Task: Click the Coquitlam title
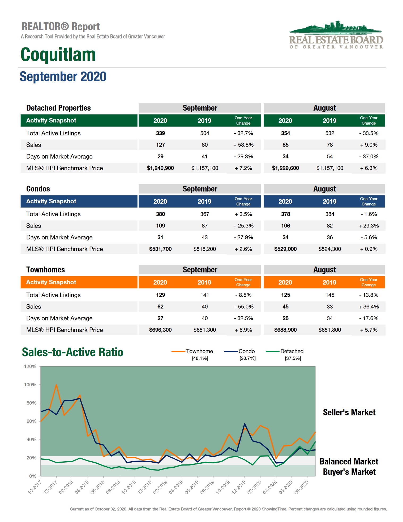pos(58,55)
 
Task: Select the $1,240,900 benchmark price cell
pos(160,168)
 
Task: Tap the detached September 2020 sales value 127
pos(160,145)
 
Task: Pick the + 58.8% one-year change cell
pos(243,145)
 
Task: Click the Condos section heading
pos(38,189)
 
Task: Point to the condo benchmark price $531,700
pos(160,249)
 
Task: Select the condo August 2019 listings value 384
pos(330,214)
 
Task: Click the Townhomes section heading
pos(45,270)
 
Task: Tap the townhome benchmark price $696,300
pos(160,330)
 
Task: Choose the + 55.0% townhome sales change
pos(243,306)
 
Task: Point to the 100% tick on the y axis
pos(30,385)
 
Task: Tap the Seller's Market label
pos(349,412)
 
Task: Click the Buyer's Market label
pos(349,472)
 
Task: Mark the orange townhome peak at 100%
pos(56,385)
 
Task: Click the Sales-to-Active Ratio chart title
pos(72,352)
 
